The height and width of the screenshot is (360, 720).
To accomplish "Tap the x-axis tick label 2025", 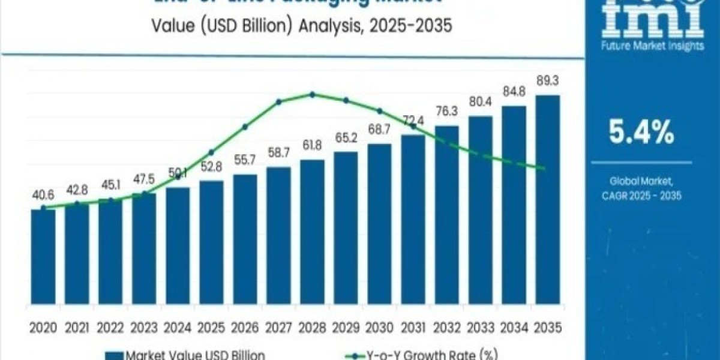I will coord(211,328).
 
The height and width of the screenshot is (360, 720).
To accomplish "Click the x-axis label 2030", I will coord(379,328).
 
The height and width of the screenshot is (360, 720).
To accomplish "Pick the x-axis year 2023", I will coord(144,328).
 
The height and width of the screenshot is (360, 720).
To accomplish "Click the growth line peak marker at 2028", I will coord(312,94).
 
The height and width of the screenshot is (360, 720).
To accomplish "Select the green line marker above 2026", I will coord(245,127).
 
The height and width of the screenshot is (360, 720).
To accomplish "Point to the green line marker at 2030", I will coord(379,111).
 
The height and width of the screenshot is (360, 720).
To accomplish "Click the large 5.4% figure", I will coord(641,133).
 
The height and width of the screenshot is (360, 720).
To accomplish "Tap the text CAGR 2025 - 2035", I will coord(641,196).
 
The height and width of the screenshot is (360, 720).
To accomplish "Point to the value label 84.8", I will coord(514,94).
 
